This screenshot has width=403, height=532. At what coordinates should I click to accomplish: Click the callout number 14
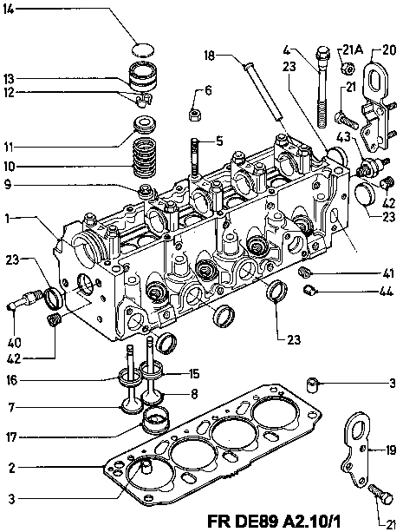coord(10,10)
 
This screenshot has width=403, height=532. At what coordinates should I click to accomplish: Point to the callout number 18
coord(210,56)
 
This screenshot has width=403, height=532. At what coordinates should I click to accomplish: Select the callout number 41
coord(387,273)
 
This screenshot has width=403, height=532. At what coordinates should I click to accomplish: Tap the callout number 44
coord(387,291)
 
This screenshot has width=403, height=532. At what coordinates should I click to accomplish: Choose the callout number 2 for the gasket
coord(11,469)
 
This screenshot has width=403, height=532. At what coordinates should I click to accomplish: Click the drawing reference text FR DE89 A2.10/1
coord(274,521)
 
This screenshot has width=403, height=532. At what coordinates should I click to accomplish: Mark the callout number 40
coord(14,342)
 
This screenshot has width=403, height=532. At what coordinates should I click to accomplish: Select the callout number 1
coord(7,219)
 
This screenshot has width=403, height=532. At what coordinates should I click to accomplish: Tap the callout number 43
coord(343,137)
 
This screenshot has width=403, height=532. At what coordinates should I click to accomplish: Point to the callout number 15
coord(194,374)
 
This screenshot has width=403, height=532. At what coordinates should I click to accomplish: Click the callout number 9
coord(9,185)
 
